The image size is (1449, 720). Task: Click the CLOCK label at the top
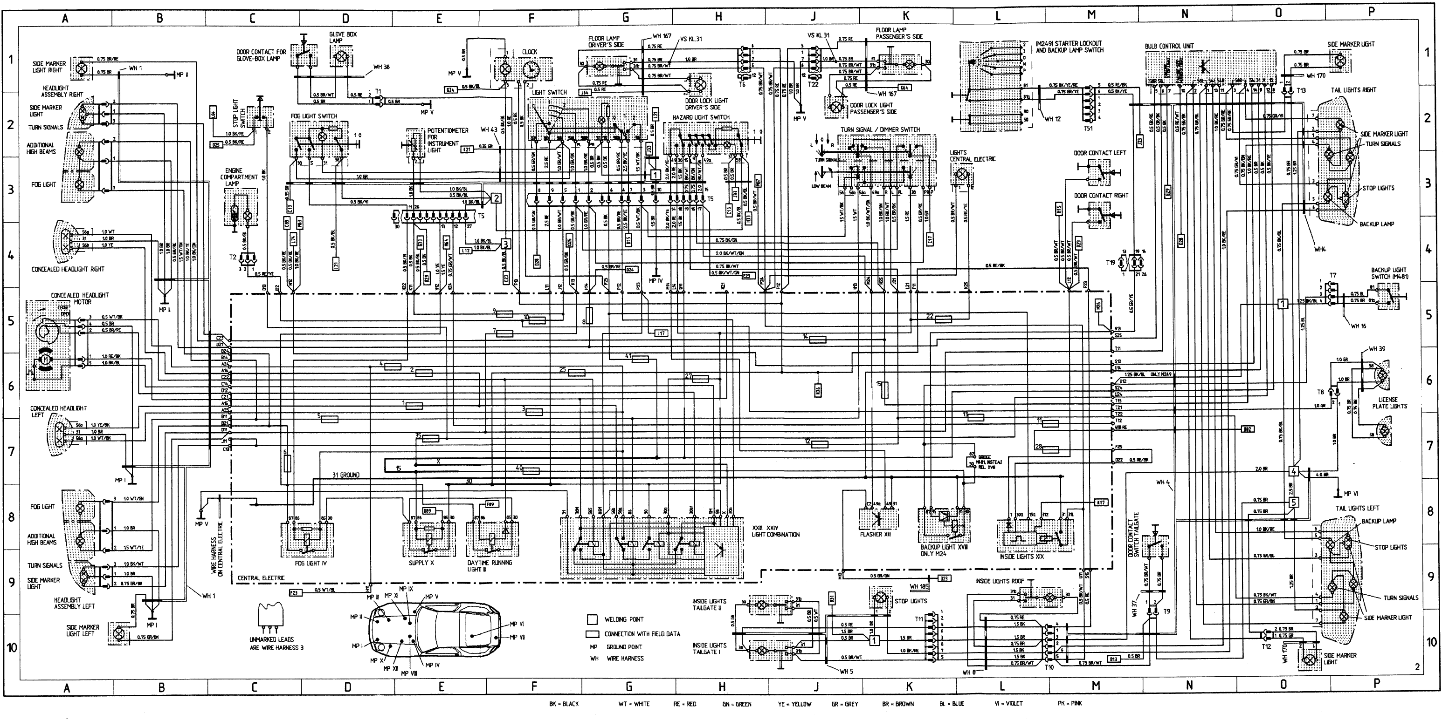point(529,52)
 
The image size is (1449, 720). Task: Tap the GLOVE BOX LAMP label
point(343,38)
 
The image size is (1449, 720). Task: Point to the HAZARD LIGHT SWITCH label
point(700,117)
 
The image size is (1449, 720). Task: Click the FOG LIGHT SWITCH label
point(314,116)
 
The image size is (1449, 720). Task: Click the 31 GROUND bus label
point(345,475)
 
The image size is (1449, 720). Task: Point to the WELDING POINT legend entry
point(624,619)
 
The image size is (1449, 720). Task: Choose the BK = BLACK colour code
point(564,704)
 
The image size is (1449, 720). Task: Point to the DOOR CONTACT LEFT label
point(1100,153)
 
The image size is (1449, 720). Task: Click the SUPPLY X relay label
point(422,563)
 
